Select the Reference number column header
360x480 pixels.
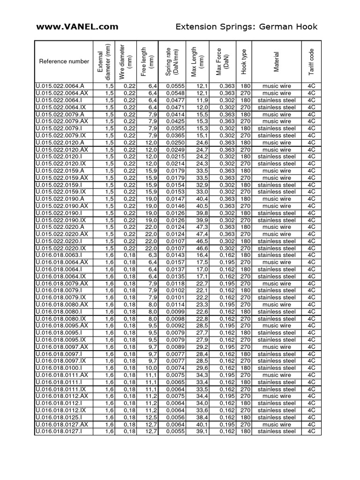pyautogui.click(x=64, y=61)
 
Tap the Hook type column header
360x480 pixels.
pyautogui.click(x=244, y=61)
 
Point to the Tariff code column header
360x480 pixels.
pyautogui.click(x=311, y=61)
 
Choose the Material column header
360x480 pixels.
pyautogui.click(x=277, y=61)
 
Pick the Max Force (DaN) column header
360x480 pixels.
pyautogui.click(x=222, y=61)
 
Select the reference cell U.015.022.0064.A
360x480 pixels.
pyautogui.click(x=60, y=86)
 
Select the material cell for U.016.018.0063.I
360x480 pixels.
pyautogui.click(x=277, y=255)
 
